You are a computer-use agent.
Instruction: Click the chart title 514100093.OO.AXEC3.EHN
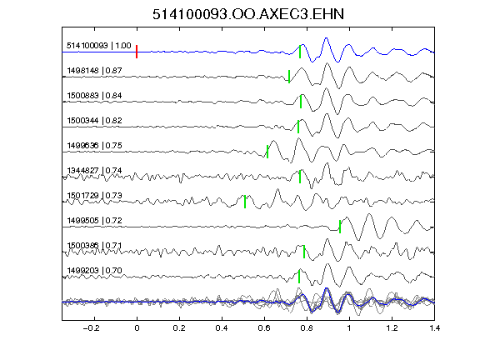point(248,14)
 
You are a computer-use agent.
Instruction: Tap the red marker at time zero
point(137,52)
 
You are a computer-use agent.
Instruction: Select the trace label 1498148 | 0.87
point(95,71)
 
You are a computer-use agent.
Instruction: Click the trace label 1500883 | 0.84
point(95,96)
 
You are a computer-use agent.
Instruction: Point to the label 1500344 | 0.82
point(95,121)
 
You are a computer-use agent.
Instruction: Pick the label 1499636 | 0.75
point(95,145)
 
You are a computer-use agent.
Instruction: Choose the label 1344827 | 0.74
point(95,171)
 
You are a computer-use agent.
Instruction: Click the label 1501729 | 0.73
point(95,196)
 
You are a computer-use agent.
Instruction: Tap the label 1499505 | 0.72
point(95,221)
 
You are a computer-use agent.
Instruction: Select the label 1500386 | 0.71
point(95,246)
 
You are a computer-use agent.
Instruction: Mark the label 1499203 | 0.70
point(95,271)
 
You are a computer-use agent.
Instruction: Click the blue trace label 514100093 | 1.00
point(99,46)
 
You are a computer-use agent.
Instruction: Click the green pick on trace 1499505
point(340,227)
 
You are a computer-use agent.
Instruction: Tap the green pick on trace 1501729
point(245,202)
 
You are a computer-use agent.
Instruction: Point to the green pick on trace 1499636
point(267,152)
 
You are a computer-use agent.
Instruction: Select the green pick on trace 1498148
point(289,77)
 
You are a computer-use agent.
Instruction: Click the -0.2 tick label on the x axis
point(91,328)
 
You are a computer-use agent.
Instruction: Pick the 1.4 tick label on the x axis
point(434,328)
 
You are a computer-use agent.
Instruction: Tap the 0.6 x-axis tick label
point(264,328)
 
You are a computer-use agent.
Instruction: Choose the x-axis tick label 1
point(349,328)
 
